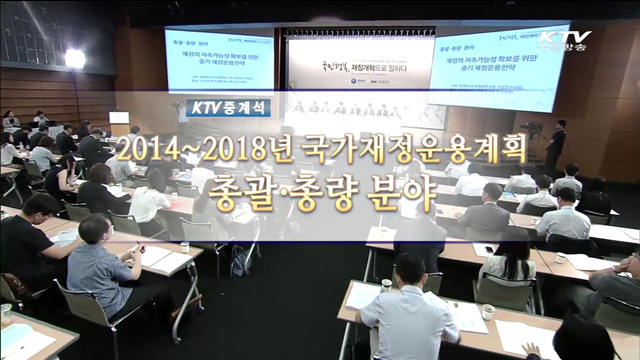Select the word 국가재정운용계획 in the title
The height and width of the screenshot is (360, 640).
(x=410, y=152)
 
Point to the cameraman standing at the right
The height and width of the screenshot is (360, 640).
(x=557, y=146)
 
